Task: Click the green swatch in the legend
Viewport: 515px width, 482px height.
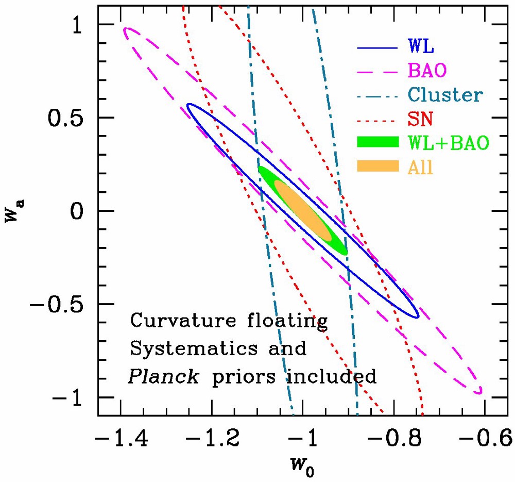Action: point(377,143)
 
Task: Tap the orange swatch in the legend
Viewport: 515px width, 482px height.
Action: point(377,167)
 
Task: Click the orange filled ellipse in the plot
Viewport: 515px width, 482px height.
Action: point(303,210)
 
